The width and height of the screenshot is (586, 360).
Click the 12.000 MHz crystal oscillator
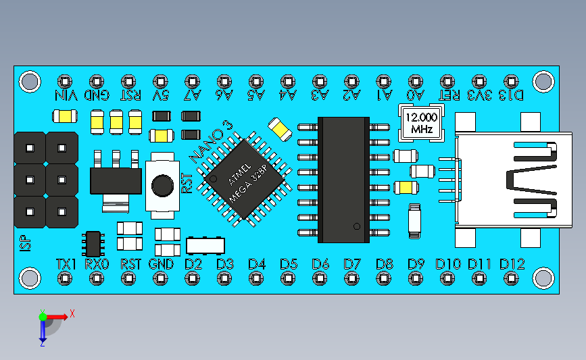click(422, 123)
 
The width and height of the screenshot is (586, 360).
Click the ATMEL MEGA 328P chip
click(245, 179)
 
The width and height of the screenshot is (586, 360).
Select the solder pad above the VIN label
click(65, 82)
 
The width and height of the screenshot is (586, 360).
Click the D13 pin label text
click(511, 96)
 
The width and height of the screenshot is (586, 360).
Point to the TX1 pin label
click(66, 264)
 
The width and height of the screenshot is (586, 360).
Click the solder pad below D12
click(511, 278)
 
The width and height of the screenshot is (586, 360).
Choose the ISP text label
click(25, 243)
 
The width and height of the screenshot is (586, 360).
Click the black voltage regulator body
click(116, 181)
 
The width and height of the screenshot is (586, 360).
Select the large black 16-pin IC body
click(343, 180)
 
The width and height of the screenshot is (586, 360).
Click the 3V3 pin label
click(479, 96)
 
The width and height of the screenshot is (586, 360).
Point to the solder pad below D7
click(351, 278)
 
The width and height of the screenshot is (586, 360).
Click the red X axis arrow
click(57, 317)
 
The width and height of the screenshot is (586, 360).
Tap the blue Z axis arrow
click(43, 331)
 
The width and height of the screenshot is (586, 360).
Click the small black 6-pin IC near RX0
click(93, 244)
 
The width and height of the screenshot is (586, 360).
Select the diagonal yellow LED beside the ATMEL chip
click(280, 129)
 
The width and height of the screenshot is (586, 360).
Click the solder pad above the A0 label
click(416, 82)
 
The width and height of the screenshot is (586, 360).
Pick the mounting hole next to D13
click(543, 82)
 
